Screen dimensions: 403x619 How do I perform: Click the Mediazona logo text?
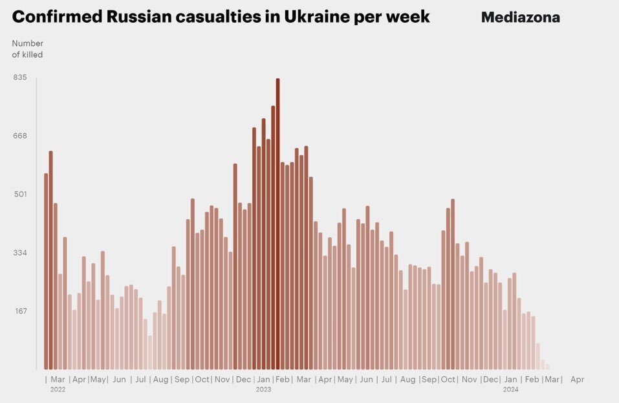coord(520,17)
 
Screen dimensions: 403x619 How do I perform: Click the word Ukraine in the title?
coord(312,17)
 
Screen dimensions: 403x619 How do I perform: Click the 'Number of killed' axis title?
coord(27,49)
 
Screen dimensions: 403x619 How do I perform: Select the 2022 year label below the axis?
coord(58,390)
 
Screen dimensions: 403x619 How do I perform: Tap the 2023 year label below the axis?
coord(263,390)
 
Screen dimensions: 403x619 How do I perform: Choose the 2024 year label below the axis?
coord(510,390)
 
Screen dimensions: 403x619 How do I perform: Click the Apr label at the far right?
coord(577,380)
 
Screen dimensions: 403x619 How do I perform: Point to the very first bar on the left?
coord(46,272)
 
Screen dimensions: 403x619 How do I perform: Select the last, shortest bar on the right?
coord(547,367)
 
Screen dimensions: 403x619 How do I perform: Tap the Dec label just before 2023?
coord(243,380)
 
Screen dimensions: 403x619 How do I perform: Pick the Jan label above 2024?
coord(511,380)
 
